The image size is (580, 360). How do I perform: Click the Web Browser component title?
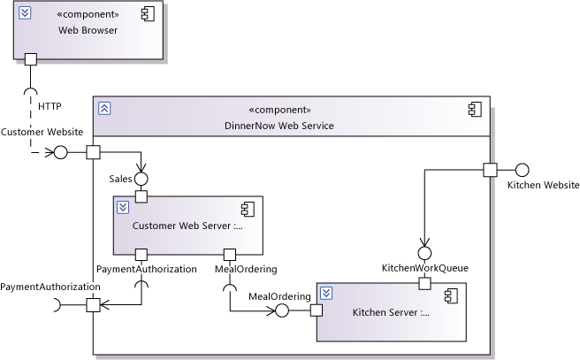pos(88,31)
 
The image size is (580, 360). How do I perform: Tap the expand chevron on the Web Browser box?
pos(26,12)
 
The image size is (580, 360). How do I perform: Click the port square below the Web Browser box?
pos(31,60)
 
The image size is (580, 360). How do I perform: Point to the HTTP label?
pos(50,106)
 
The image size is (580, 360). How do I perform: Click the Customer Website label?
pos(42,132)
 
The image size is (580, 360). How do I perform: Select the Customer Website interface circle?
pos(61,152)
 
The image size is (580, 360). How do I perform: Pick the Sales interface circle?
pos(141,179)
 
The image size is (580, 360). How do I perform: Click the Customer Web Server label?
pos(187,226)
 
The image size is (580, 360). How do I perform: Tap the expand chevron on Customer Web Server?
pos(124,208)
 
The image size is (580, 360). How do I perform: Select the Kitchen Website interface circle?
pos(522,170)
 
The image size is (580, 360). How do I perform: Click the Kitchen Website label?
pos(543,185)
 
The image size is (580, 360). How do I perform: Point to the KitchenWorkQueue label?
pos(424,267)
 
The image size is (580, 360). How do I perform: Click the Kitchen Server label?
pos(391,312)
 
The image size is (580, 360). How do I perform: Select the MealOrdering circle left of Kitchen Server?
pos(282,310)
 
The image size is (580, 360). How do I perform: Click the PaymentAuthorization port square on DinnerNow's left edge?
pos(92,306)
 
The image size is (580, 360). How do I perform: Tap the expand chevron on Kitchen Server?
pos(326,293)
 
